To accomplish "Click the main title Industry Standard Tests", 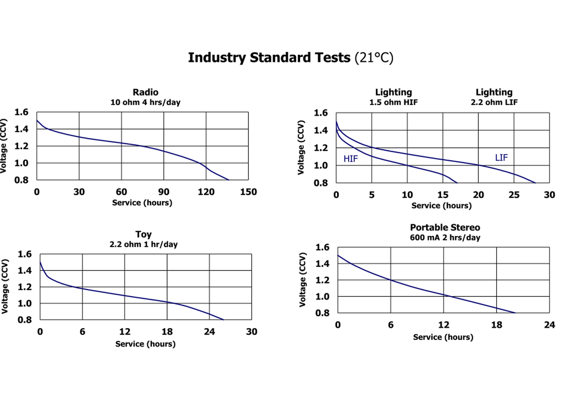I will pos(269,58).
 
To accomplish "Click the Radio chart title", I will pos(145,92).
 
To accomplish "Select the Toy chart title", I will pos(143,234).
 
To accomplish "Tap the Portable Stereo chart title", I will pos(445,227).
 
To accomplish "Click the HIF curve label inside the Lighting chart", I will pos(350,159).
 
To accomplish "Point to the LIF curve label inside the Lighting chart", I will pos(501,158).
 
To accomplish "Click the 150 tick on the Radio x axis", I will pos(248,192).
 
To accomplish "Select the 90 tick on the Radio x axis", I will pos(164,192).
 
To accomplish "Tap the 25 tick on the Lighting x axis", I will pos(514,195).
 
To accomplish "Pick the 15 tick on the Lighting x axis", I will pos(443,195).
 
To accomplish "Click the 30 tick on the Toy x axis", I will pos(252,332).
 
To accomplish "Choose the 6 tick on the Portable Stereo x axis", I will pos(391,325).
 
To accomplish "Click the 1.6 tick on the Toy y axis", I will pos(24,254).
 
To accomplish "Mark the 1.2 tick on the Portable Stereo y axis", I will pos(322,280).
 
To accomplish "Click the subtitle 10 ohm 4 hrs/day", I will pos(145,102).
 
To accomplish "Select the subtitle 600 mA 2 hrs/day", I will pos(445,237).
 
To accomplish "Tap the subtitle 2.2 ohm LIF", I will pos(494,102).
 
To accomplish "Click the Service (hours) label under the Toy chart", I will pos(145,344).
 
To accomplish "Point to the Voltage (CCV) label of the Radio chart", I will pos(4,146).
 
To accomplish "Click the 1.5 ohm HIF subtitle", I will pos(393,102).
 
